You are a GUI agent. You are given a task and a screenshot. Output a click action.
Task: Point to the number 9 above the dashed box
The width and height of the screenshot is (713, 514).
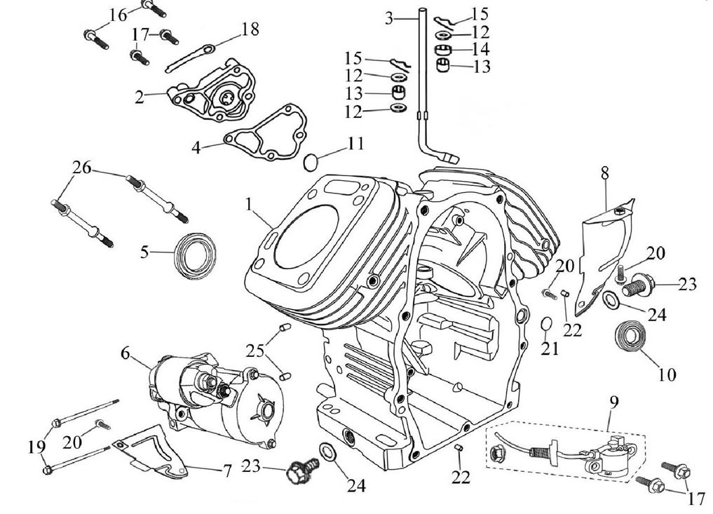click(614, 402)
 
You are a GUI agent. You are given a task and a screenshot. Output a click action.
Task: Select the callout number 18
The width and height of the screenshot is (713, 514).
click(250, 29)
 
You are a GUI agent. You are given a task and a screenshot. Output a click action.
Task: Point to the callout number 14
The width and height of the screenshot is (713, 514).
click(481, 50)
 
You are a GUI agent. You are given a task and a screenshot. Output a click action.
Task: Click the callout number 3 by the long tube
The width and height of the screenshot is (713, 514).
click(389, 18)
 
